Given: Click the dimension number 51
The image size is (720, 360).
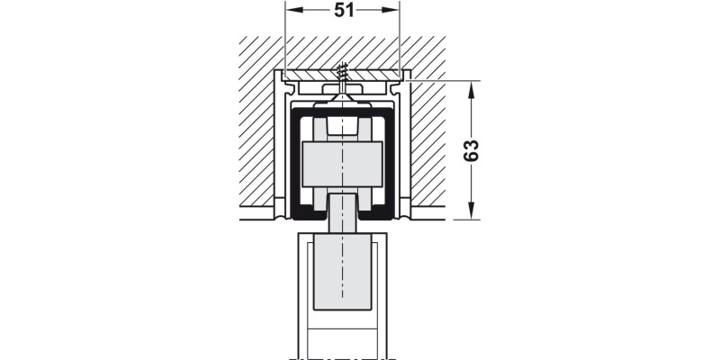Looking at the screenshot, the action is [x=345, y=10].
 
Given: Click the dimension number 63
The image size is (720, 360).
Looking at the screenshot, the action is [x=471, y=150].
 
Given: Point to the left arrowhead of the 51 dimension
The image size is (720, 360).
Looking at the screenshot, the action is [x=294, y=10].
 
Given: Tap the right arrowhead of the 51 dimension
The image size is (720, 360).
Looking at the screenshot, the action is [x=391, y=10].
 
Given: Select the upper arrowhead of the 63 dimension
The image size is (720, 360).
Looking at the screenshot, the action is [x=471, y=90].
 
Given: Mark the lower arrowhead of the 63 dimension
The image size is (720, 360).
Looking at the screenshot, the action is [x=471, y=211].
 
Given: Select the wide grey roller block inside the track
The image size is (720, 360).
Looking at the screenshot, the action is [x=342, y=165].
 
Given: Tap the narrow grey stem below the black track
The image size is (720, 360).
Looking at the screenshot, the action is [x=342, y=213].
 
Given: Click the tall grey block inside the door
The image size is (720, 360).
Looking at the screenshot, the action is [x=342, y=272].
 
